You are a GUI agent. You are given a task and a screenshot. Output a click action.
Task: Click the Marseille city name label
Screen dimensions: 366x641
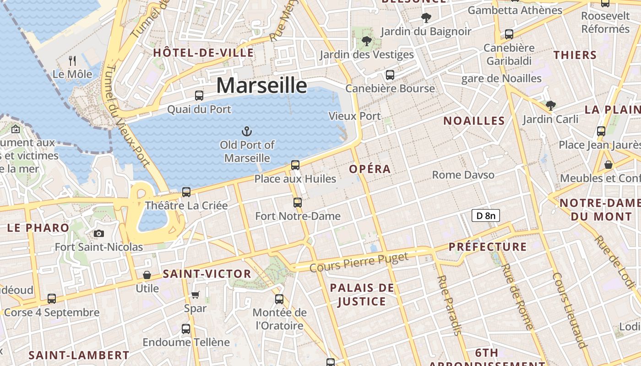(x=261, y=86)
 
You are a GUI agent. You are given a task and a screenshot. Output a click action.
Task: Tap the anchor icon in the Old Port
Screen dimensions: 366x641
(x=247, y=132)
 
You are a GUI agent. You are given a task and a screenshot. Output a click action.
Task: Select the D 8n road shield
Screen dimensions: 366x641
(x=485, y=215)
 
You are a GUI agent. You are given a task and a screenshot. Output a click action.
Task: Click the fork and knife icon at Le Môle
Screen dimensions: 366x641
(x=72, y=60)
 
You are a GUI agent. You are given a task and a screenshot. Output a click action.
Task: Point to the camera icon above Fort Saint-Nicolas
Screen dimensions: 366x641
(x=98, y=234)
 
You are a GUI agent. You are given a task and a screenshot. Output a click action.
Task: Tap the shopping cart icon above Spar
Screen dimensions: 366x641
(x=196, y=295)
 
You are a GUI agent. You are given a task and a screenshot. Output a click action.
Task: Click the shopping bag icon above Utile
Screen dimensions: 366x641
(x=147, y=275)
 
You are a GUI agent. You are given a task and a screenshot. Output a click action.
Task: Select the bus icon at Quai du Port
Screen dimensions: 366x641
(x=199, y=96)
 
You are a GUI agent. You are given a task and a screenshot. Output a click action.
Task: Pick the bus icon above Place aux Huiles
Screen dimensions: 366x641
(x=295, y=165)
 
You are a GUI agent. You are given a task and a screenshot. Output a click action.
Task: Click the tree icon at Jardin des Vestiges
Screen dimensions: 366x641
(x=366, y=41)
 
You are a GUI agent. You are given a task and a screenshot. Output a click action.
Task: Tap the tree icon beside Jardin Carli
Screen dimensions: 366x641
(x=550, y=106)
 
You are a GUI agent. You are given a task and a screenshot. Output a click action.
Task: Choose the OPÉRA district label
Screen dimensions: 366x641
(x=370, y=169)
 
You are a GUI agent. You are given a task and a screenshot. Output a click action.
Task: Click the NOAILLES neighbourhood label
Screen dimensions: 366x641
(x=474, y=121)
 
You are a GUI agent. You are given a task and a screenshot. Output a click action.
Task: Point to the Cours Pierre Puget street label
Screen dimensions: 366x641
(x=359, y=263)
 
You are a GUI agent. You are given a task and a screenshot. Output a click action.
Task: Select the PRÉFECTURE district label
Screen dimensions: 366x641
(x=488, y=247)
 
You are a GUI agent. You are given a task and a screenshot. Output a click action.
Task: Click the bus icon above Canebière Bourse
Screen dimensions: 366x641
(x=390, y=75)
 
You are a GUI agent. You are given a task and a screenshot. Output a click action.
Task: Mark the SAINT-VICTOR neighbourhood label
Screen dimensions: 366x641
(x=207, y=274)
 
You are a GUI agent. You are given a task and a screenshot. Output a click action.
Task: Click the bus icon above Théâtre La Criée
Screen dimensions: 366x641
(x=186, y=192)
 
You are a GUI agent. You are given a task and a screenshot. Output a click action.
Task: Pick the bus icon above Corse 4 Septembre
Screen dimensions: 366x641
(x=52, y=299)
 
